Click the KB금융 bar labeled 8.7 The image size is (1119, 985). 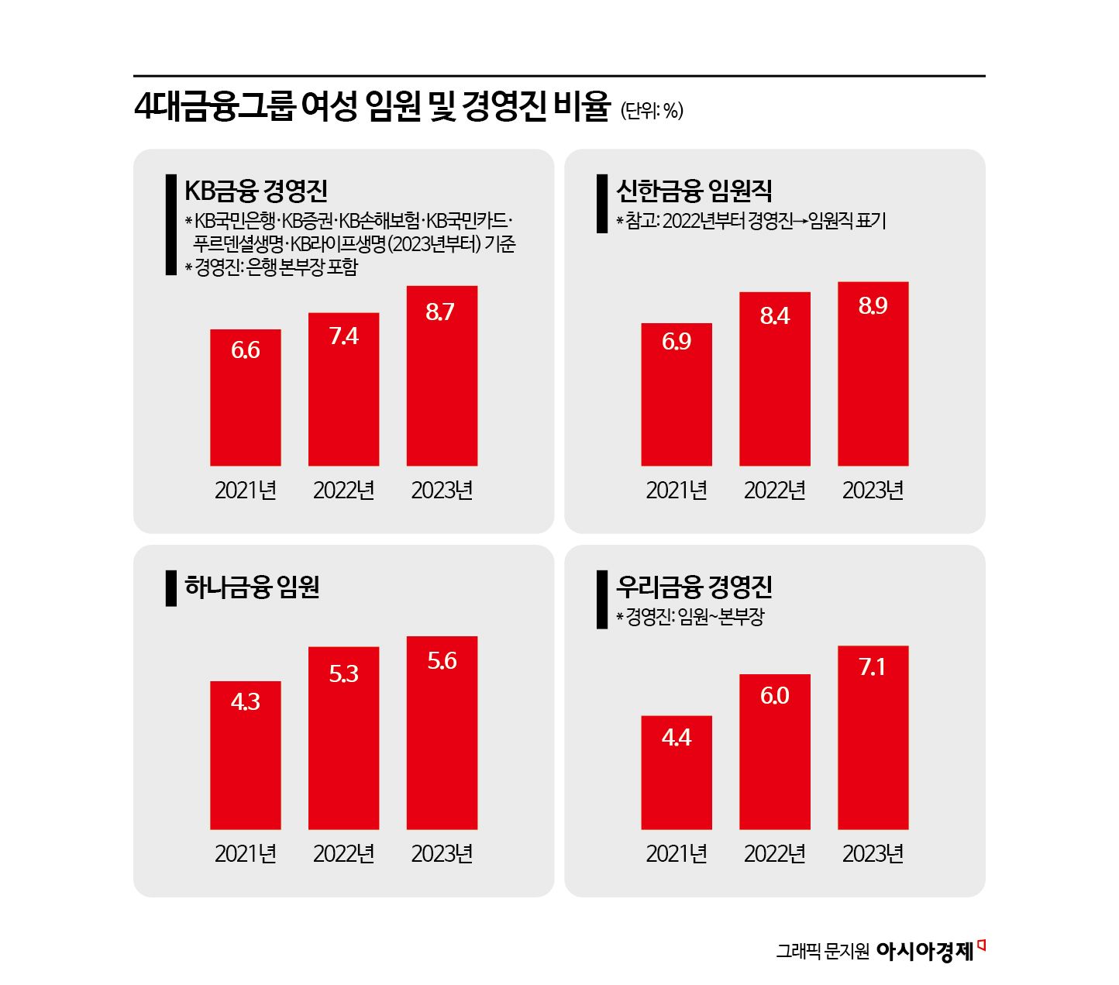coord(442,376)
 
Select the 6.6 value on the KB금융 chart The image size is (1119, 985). coord(245,350)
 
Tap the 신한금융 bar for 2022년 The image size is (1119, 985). coord(774,379)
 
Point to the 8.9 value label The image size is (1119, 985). coord(873,306)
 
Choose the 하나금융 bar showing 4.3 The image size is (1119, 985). coord(245,756)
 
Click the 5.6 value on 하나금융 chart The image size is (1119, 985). coord(442,661)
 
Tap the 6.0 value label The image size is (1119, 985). coord(774,696)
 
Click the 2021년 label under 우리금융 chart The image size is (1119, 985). coord(677,853)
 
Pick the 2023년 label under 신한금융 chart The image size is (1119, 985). coord(873,491)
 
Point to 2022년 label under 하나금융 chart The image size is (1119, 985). coord(343,853)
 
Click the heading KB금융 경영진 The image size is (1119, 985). coord(256,191)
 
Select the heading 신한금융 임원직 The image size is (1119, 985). coord(694,191)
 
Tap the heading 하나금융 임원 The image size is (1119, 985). coord(252,587)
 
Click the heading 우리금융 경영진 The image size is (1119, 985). coord(694,587)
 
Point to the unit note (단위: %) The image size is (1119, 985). coord(652,111)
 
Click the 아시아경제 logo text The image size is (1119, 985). coord(925,951)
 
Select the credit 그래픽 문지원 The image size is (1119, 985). coord(823,952)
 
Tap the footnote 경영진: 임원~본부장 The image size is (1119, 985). coord(694,618)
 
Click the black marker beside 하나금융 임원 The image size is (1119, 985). coord(171,588)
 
